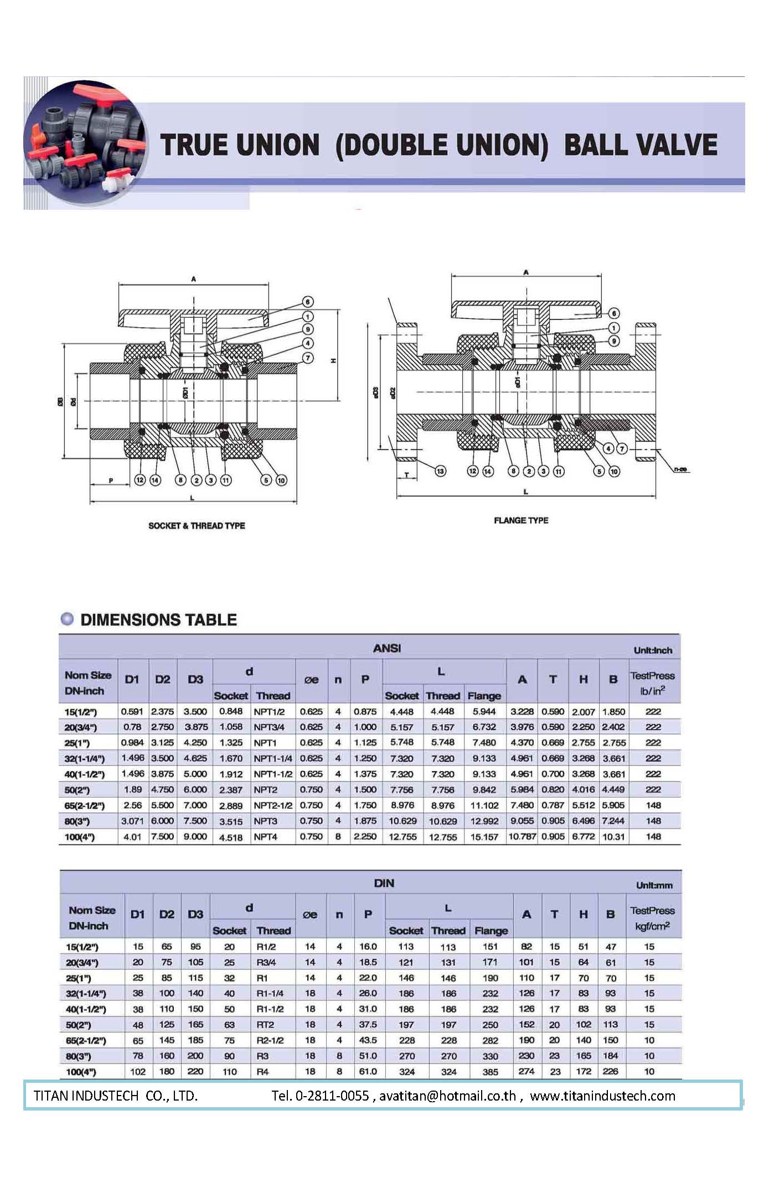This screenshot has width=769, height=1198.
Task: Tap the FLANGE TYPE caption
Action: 521,520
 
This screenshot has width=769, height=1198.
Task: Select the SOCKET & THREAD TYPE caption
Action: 197,526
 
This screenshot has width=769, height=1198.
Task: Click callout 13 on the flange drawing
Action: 440,471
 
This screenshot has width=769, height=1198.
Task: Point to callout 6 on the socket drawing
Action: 307,302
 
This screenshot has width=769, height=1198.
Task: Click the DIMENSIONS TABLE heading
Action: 158,620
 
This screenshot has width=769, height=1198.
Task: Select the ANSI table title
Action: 387,648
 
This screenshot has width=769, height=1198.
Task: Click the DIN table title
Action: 384,883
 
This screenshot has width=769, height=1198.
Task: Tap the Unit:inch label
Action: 653,650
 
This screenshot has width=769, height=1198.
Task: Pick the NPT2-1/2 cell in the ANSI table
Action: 273,805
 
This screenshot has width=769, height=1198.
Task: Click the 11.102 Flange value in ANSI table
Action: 484,805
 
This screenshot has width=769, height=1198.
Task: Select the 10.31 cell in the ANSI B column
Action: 613,837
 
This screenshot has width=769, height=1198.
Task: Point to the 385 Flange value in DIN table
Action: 490,1072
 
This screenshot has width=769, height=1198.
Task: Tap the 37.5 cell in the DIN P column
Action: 368,1025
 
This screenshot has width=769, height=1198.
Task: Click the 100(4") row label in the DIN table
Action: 81,1072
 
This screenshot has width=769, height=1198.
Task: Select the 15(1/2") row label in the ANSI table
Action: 81,712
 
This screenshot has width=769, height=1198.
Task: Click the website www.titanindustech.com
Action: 602,1096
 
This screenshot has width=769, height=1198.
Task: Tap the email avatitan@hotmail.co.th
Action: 447,1096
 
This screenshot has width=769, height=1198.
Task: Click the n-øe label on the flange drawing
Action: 680,469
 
